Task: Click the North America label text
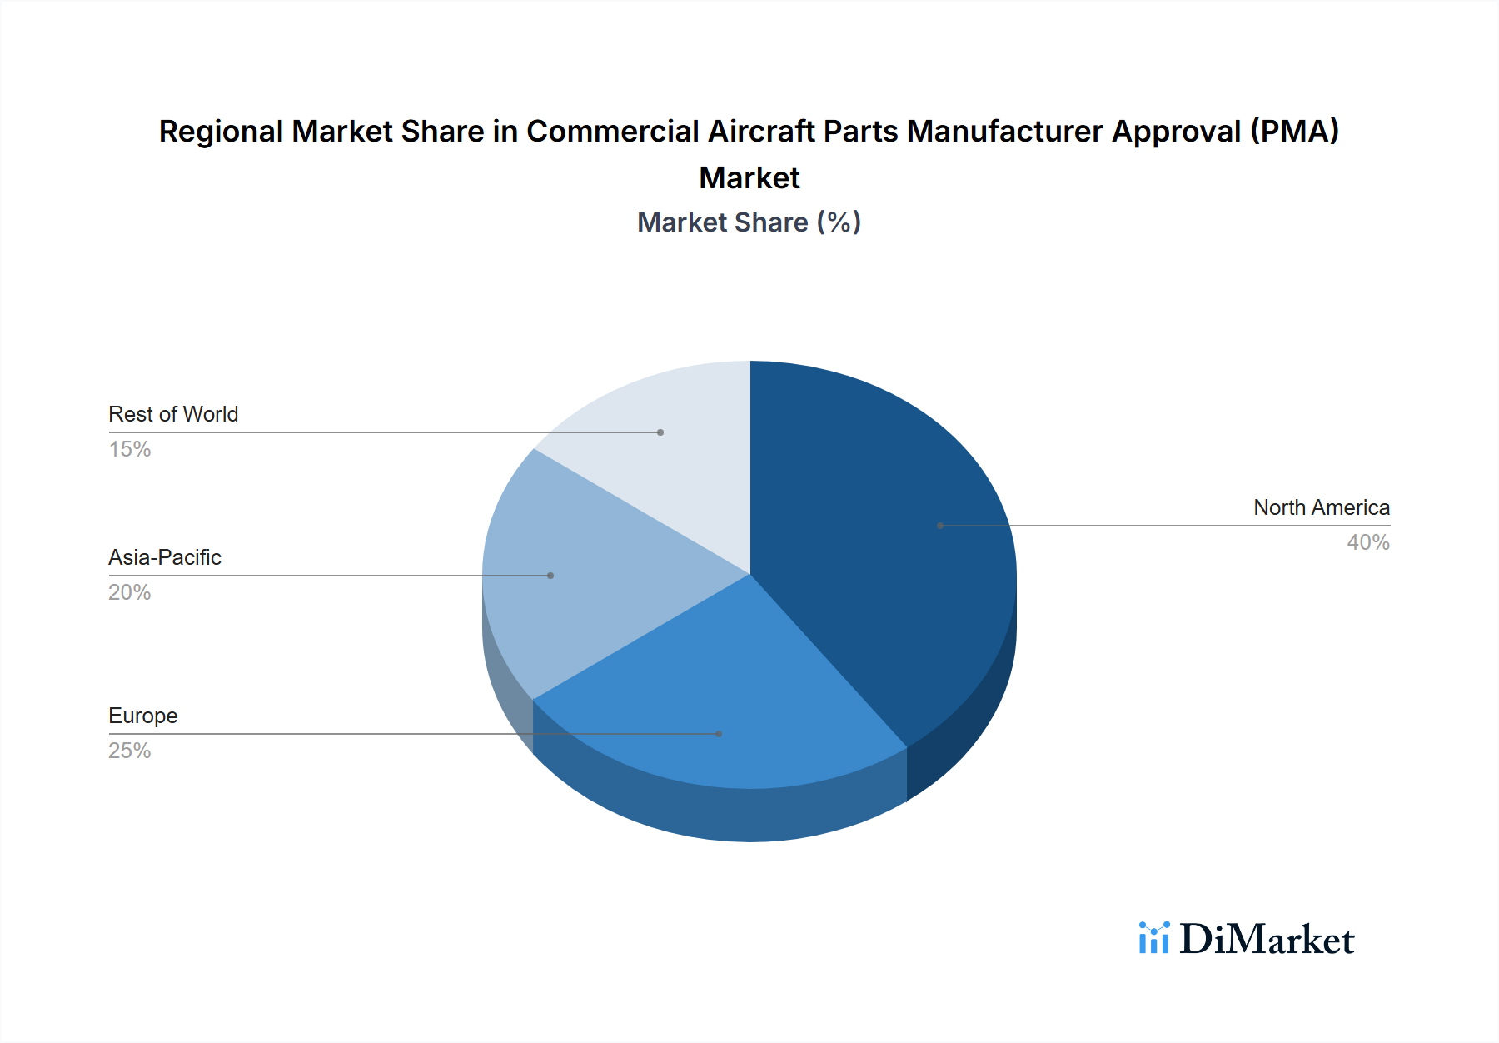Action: point(1321,507)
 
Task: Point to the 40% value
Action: point(1368,542)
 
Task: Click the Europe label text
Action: point(143,716)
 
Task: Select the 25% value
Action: point(130,751)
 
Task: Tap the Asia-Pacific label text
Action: point(165,557)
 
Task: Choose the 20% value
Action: point(130,592)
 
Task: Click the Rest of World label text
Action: point(173,414)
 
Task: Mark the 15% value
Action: point(130,449)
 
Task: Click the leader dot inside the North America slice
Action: point(940,526)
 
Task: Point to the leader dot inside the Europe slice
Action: point(719,734)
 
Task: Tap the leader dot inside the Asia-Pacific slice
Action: point(550,576)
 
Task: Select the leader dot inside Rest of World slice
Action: point(660,432)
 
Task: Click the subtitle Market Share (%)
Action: point(749,222)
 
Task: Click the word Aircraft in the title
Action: point(761,132)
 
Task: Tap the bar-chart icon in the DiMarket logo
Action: point(1154,938)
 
